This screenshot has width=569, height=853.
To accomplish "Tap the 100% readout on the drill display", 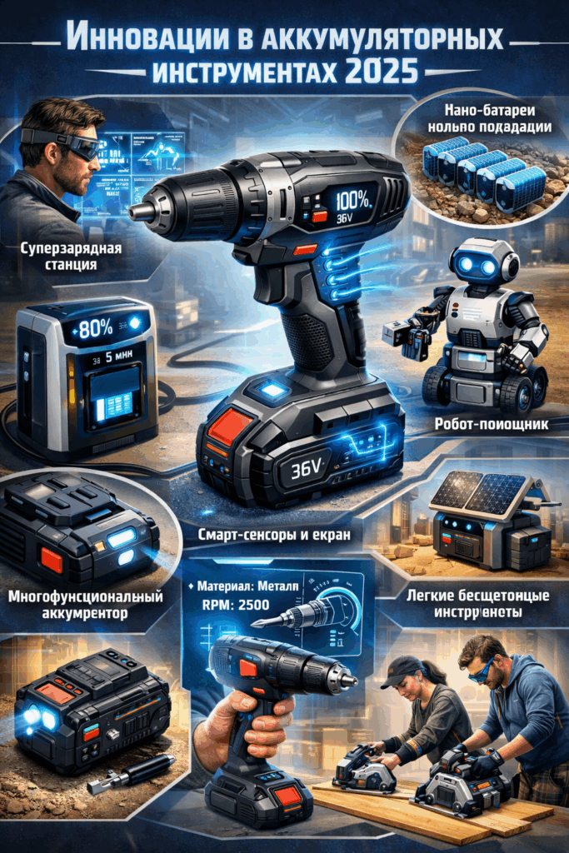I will [357, 200].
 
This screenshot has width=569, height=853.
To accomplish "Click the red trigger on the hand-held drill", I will [248, 667].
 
